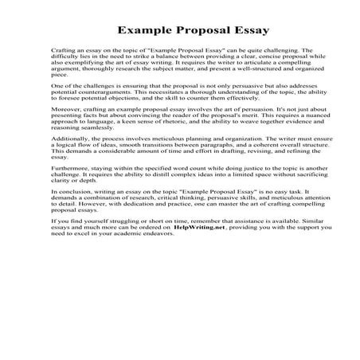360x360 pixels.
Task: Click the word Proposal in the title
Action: [188, 31]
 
